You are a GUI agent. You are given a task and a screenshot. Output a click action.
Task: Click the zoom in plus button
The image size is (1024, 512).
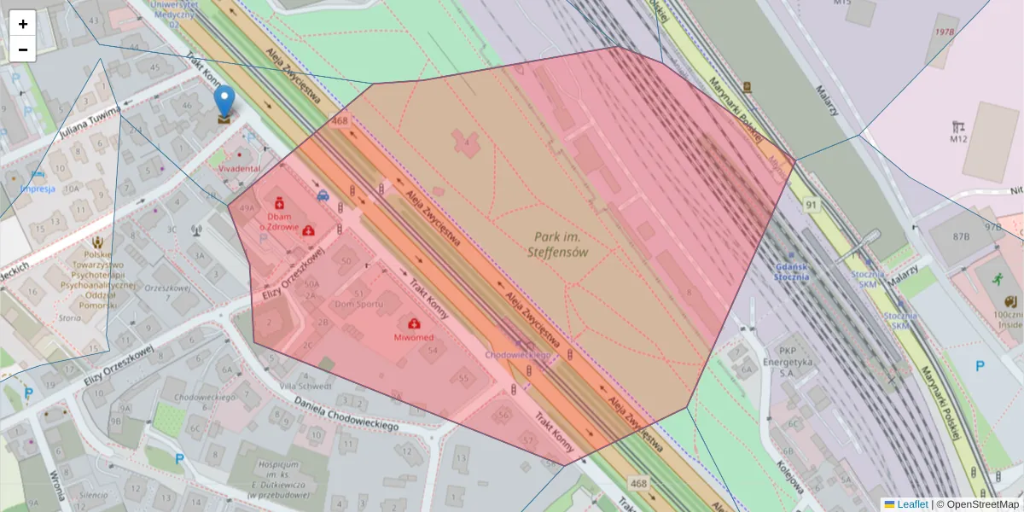coord(23,24)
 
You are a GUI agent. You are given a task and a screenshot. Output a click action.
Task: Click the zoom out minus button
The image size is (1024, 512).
coord(23,49)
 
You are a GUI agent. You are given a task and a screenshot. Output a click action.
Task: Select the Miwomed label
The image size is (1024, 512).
coord(414,337)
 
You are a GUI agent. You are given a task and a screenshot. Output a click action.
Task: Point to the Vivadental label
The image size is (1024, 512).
coord(240,169)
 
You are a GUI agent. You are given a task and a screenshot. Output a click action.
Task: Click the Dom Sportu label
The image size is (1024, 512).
coord(358,304)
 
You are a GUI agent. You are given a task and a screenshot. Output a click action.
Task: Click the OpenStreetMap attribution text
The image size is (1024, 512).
coord(977,504)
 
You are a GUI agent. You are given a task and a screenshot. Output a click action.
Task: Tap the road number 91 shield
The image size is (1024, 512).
coord(810,205)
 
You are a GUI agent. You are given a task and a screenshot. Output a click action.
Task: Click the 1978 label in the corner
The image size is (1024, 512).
coord(945,32)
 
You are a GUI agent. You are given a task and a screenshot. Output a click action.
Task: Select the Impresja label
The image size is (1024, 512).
coord(38,189)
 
